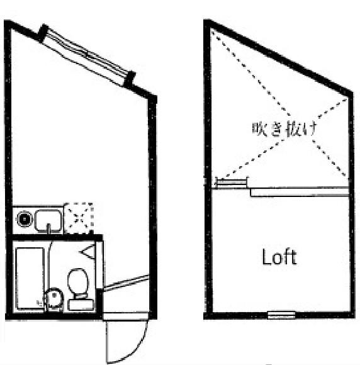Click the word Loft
point(279,257)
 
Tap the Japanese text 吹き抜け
point(284,128)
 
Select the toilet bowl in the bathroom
point(78,281)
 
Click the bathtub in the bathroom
point(30,279)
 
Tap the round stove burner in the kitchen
point(24,219)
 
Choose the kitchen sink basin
point(48,221)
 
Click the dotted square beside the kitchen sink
point(79,218)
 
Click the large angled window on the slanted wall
point(86,55)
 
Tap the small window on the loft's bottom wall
point(281,315)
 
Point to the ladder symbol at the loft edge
point(231,182)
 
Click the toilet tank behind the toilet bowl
point(81,305)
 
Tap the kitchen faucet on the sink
point(48,228)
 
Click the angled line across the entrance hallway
point(126,283)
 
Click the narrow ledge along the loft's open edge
point(300,193)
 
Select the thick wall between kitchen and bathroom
point(57,238)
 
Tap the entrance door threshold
point(126,316)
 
